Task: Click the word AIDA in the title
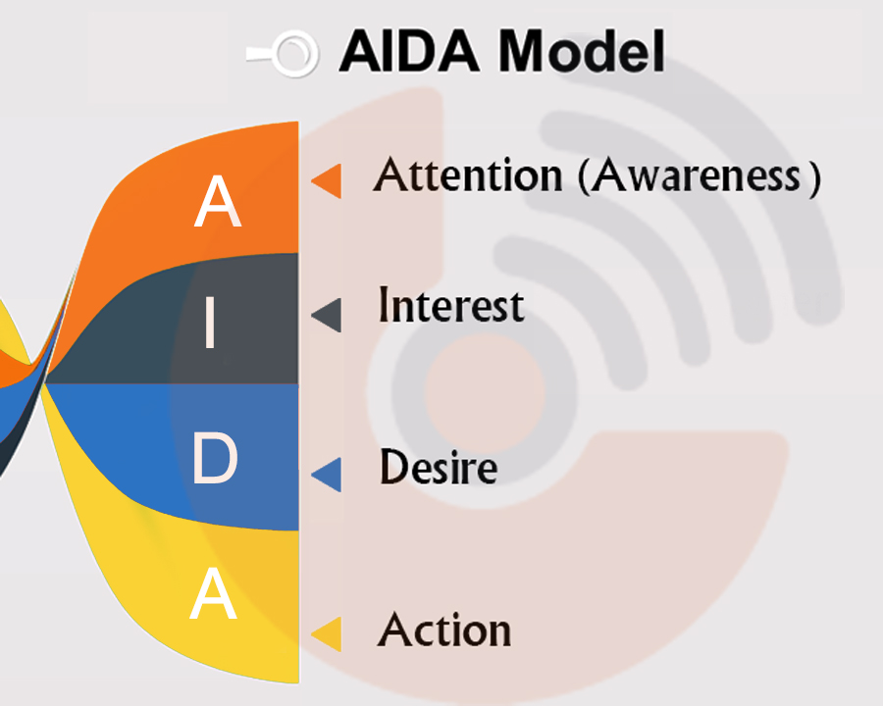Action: (409, 51)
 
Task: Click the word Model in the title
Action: (581, 51)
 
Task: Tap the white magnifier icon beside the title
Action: (284, 54)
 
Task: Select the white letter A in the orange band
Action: (218, 201)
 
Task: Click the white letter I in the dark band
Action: (211, 323)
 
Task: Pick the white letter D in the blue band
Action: (215, 458)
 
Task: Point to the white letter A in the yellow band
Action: (214, 593)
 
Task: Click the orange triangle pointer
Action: (327, 180)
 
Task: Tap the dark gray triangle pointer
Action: (327, 316)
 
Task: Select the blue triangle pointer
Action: (327, 475)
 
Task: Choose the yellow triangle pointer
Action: (327, 634)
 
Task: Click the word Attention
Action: (468, 175)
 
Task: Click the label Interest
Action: (451, 305)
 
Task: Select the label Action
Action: (444, 629)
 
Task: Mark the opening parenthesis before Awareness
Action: (584, 176)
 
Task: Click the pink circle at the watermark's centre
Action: (485, 392)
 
